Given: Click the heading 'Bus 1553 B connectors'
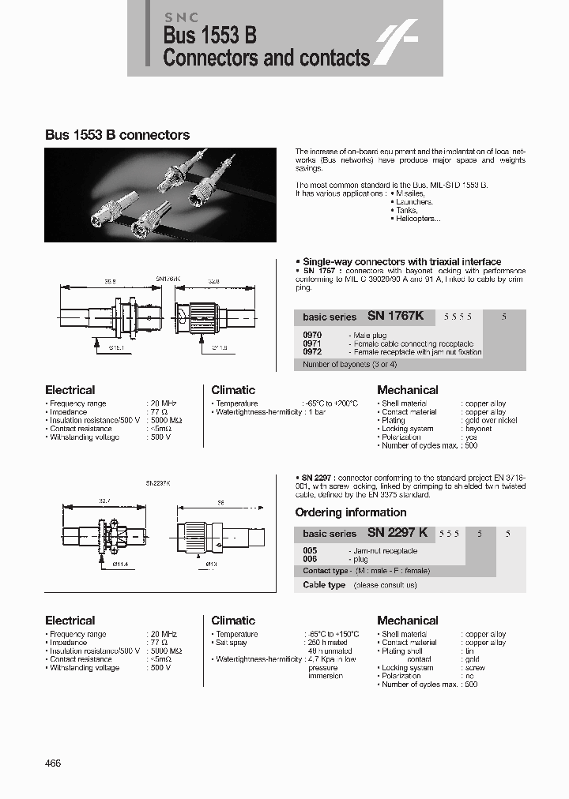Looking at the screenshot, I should point(117,135).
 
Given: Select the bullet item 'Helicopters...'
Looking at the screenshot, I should point(416,219).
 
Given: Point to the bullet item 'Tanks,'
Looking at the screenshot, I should point(408,210).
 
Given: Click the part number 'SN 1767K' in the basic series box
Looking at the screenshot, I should point(396,316).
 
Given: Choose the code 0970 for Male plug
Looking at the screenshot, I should point(312,336).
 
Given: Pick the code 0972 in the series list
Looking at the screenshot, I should point(312,351).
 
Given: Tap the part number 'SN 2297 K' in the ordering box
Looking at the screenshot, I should point(398,533).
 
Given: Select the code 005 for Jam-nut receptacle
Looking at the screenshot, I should point(310,550).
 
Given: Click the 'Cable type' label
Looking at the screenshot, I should point(324,585).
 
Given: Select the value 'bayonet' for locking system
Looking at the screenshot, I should point(479,429).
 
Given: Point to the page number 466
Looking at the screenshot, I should point(53,763).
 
